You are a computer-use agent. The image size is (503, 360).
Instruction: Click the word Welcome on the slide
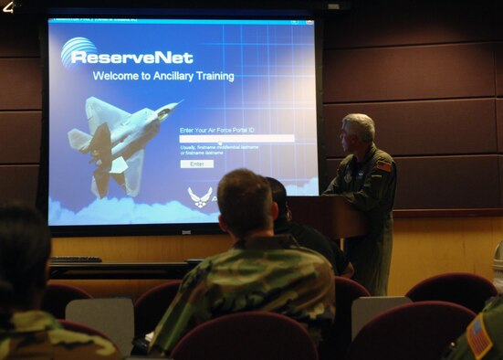pos(116,76)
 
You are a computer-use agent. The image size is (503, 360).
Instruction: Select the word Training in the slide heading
pos(212,76)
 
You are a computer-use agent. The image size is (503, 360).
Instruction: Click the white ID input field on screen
pos(236,139)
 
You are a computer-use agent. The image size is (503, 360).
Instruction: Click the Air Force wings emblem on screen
pos(199,196)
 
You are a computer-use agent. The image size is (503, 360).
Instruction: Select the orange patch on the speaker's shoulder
pos(384,166)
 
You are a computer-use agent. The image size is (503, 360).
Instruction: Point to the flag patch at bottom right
pos(478,339)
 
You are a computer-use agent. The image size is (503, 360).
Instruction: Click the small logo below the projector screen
pos(186,232)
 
